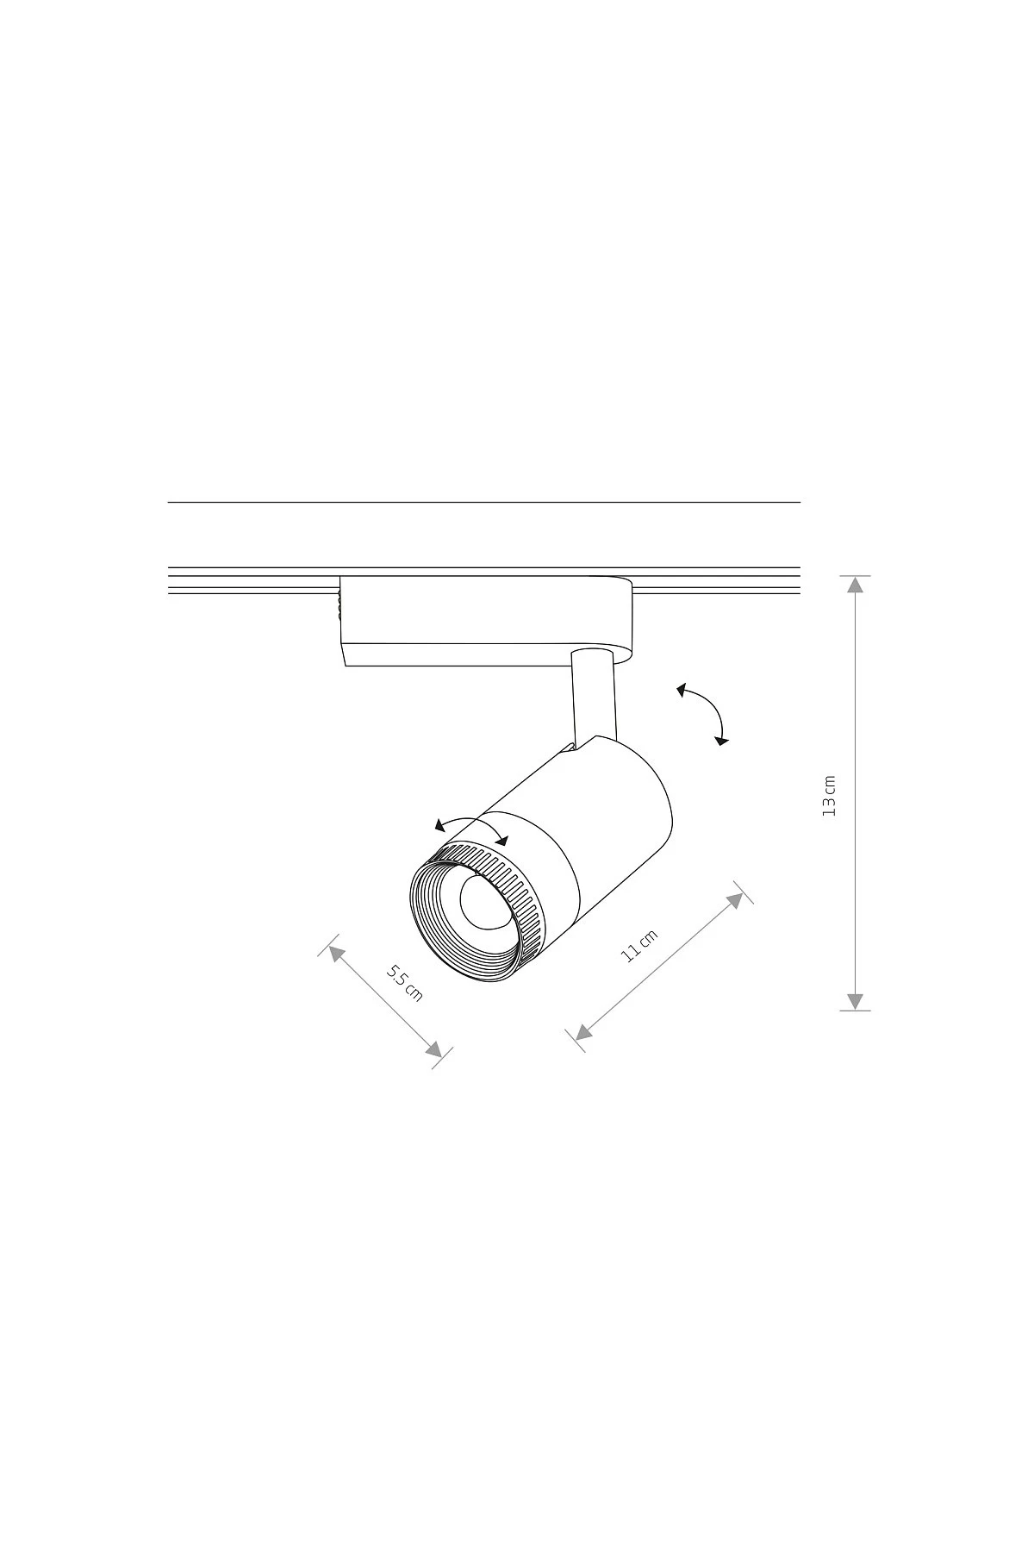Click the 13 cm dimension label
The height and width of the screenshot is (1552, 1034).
[829, 796]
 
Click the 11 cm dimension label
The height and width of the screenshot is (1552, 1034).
[639, 946]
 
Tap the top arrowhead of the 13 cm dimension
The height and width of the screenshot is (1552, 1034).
[854, 585]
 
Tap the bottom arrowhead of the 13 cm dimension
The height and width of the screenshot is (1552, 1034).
[854, 1001]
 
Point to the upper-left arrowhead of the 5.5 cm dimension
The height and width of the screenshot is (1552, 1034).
[336, 954]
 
